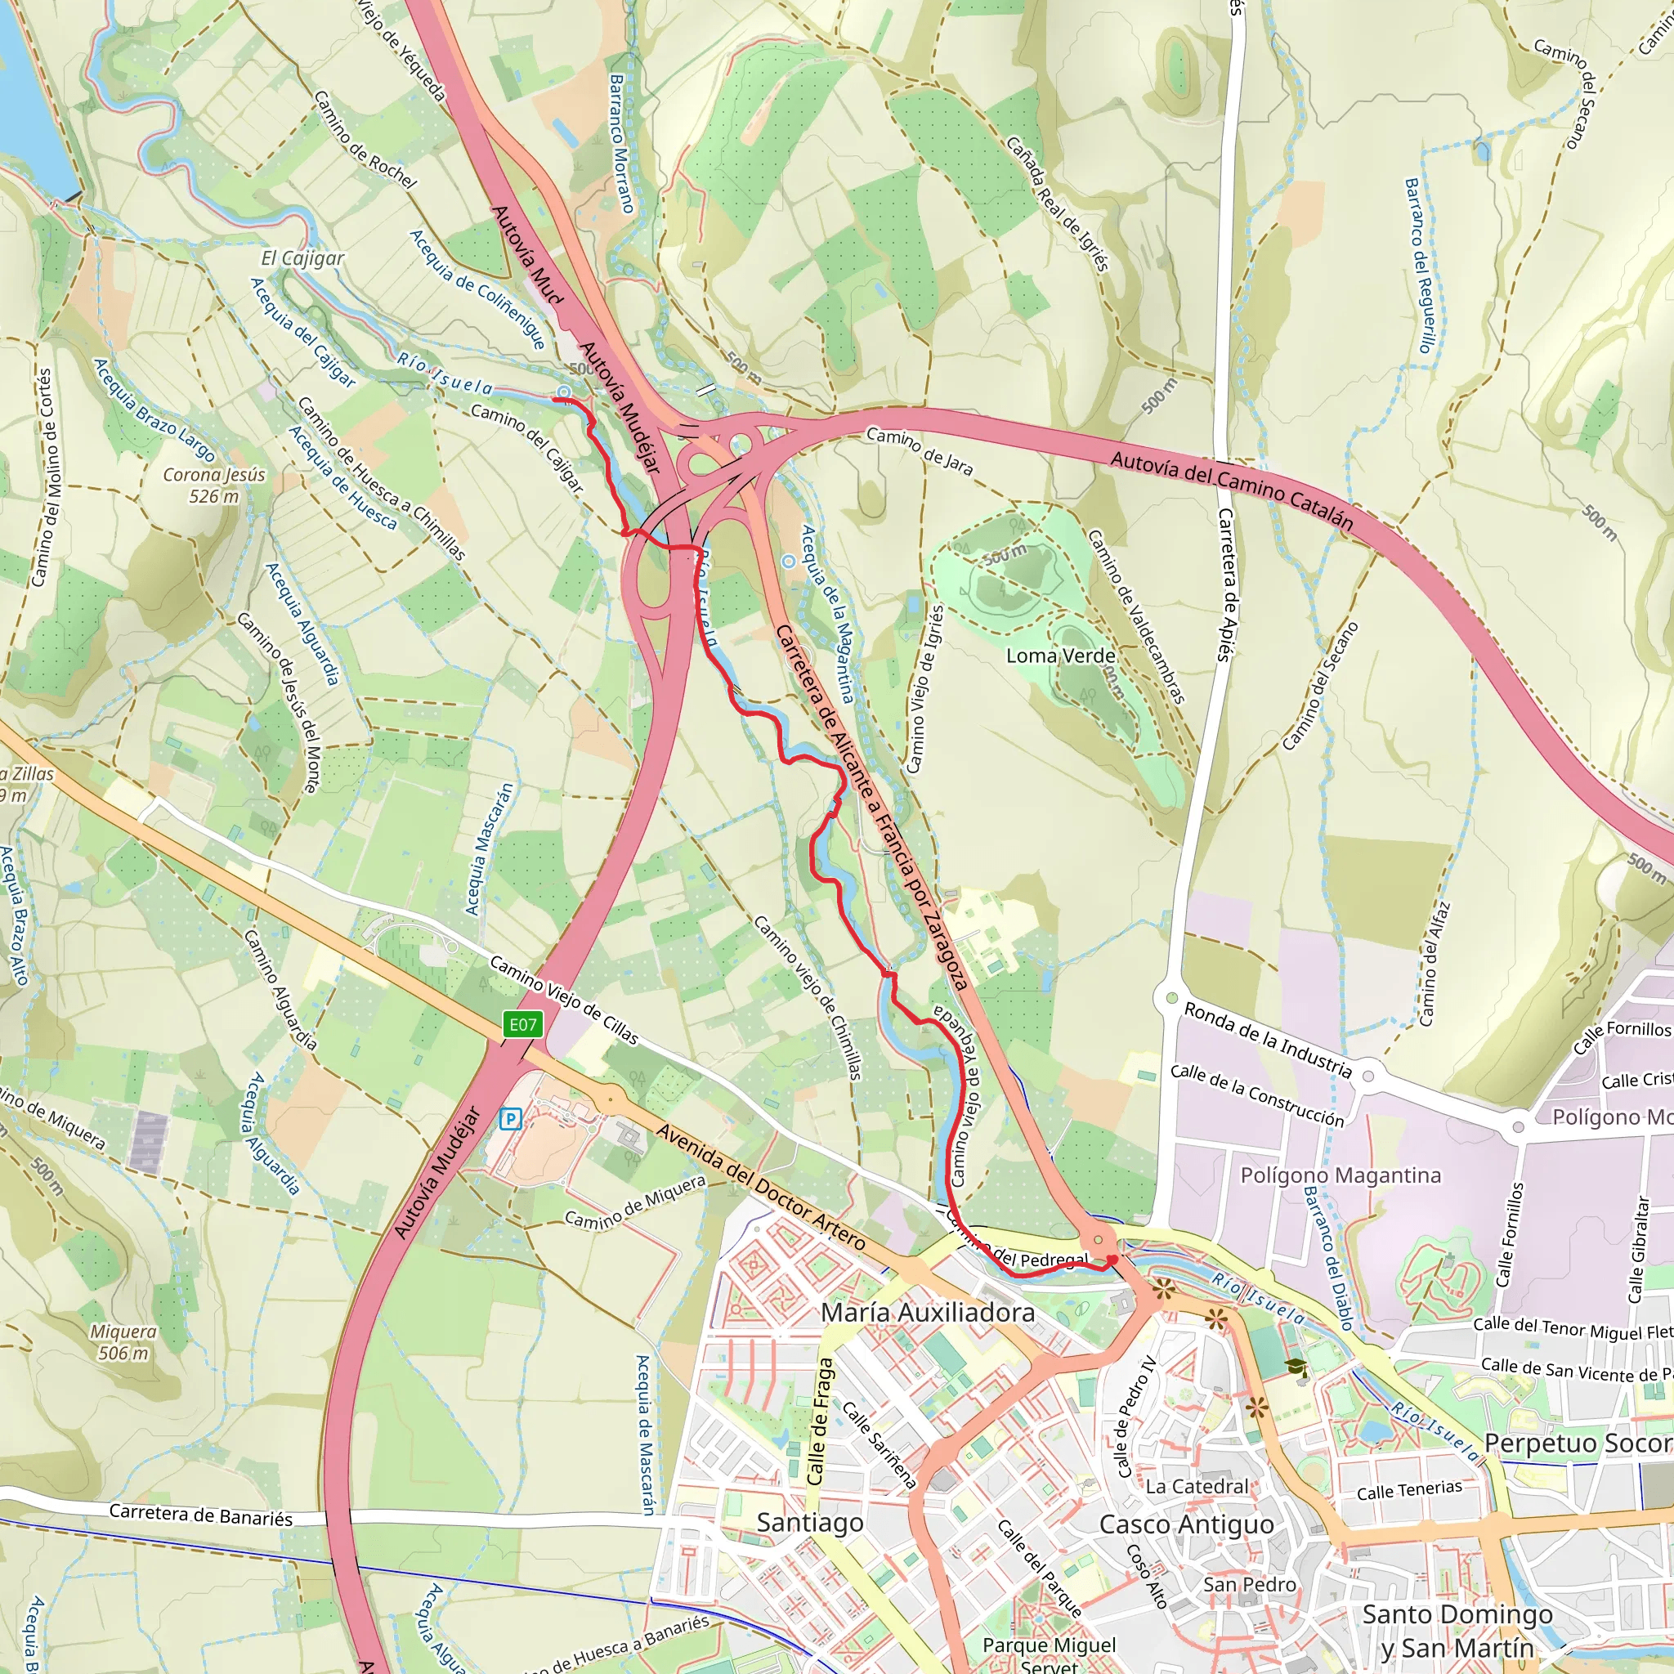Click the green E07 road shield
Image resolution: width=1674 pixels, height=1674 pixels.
point(522,1025)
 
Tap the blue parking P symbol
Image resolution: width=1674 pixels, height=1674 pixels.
point(511,1120)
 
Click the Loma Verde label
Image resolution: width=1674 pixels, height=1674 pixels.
point(1060,656)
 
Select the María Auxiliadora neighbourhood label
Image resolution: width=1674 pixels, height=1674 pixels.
point(928,1313)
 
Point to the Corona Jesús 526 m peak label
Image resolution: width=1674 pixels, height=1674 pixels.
point(214,486)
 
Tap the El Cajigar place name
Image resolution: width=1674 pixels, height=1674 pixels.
point(302,258)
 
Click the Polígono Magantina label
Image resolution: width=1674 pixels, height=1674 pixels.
point(1341,1175)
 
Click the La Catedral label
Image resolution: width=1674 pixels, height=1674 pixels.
point(1197,1486)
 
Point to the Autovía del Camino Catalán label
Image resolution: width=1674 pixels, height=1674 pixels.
point(1231,490)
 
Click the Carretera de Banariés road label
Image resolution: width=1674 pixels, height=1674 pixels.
point(201,1515)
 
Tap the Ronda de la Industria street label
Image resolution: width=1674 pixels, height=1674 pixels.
point(1268,1040)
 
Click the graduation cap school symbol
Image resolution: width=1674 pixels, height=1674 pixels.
point(1296,1367)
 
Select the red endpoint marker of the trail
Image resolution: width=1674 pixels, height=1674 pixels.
point(1112,1260)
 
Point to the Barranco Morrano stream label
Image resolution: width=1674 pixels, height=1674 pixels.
point(622,143)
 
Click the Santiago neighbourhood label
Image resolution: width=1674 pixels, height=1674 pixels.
point(809,1522)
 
